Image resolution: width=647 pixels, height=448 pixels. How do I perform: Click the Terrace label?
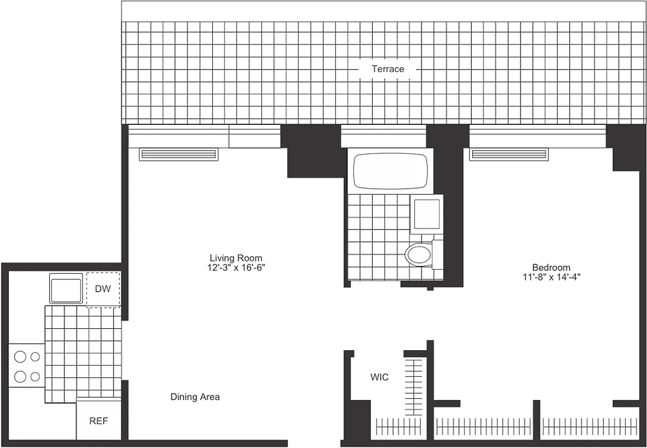388,69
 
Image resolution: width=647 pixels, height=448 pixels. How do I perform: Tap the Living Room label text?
236,258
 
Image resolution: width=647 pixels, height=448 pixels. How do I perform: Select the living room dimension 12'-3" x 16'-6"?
236,268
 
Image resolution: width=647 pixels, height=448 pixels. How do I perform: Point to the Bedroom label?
551,268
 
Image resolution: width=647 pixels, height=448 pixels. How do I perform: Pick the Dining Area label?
195,397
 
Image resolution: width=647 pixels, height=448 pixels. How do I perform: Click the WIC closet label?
379,377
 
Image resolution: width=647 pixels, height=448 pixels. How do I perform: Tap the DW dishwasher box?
102,290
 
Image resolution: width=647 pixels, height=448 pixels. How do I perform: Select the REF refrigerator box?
99,421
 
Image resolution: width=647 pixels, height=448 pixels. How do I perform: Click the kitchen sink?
66,288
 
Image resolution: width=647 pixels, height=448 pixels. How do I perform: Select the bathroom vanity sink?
426,214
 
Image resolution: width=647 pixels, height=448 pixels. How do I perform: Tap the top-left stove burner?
21,356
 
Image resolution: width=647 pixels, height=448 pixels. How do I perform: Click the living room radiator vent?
179,154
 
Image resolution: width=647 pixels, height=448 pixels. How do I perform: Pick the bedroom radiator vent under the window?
509,154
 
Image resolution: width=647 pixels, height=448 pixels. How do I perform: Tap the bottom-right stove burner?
35,376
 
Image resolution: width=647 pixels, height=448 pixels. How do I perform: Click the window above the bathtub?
383,136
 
